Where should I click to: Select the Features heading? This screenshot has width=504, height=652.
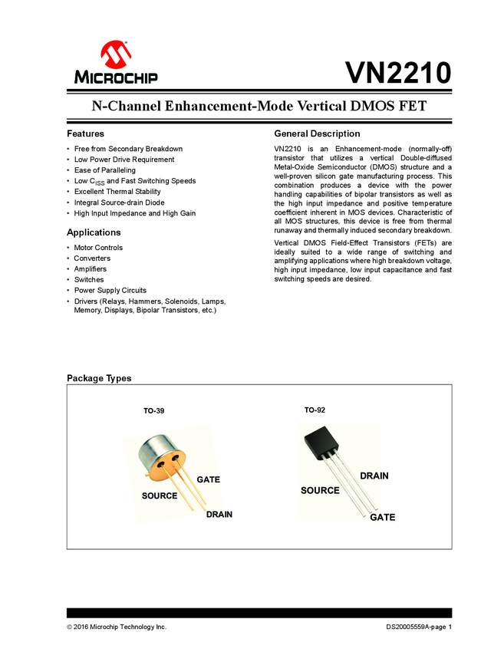[85, 133]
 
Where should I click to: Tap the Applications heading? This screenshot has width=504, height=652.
[94, 232]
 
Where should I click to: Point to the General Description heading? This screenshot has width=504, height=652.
[317, 133]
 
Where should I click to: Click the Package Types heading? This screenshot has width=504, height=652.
[99, 378]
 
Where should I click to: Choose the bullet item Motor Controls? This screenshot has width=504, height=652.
[98, 248]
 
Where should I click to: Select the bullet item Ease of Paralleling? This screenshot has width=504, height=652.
[104, 170]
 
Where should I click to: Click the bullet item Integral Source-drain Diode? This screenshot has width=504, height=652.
[119, 203]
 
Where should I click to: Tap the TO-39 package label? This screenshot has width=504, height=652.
[153, 411]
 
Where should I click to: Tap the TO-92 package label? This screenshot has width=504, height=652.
[315, 410]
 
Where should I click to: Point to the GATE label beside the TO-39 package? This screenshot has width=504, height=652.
[208, 479]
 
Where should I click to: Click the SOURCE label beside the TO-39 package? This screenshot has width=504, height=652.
[159, 496]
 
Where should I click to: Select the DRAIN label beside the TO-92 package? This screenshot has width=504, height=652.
[374, 476]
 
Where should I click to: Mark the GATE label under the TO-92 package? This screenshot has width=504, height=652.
[383, 518]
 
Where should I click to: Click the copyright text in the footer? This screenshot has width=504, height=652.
[117, 627]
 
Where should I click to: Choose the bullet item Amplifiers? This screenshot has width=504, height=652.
[91, 269]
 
